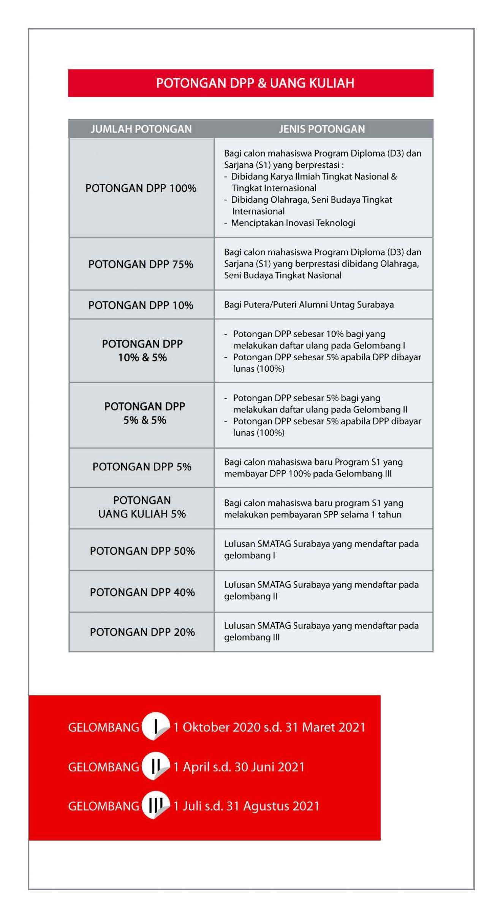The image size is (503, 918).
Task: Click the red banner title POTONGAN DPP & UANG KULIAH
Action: click(x=255, y=83)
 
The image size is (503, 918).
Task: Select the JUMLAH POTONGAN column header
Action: click(x=141, y=129)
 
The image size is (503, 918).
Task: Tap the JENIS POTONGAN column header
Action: click(x=322, y=129)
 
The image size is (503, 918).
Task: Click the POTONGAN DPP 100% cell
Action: click(x=141, y=188)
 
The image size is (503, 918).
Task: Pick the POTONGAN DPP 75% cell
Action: click(x=141, y=264)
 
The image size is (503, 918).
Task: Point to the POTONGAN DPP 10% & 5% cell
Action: click(x=142, y=350)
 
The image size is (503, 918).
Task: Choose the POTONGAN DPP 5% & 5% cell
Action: click(x=144, y=413)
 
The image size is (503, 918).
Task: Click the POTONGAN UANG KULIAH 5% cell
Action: click(x=142, y=507)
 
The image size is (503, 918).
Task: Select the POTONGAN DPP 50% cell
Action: click(x=142, y=551)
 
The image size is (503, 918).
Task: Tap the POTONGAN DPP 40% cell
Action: click(x=142, y=592)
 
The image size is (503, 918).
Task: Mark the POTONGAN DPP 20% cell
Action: click(x=142, y=632)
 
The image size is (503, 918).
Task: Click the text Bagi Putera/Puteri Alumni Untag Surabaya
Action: click(x=309, y=305)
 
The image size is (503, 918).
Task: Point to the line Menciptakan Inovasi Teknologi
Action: click(x=293, y=223)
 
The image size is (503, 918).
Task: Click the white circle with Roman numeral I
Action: click(x=155, y=727)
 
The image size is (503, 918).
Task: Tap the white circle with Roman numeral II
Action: click(x=155, y=766)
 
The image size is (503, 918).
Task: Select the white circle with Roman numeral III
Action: click(x=155, y=805)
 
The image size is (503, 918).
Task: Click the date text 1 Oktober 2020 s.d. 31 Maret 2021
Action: click(x=269, y=727)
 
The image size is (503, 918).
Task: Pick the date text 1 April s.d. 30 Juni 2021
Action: click(x=239, y=767)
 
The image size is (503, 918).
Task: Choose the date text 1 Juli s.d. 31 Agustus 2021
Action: click(x=246, y=806)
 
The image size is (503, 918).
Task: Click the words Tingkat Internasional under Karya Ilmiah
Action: click(x=274, y=188)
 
